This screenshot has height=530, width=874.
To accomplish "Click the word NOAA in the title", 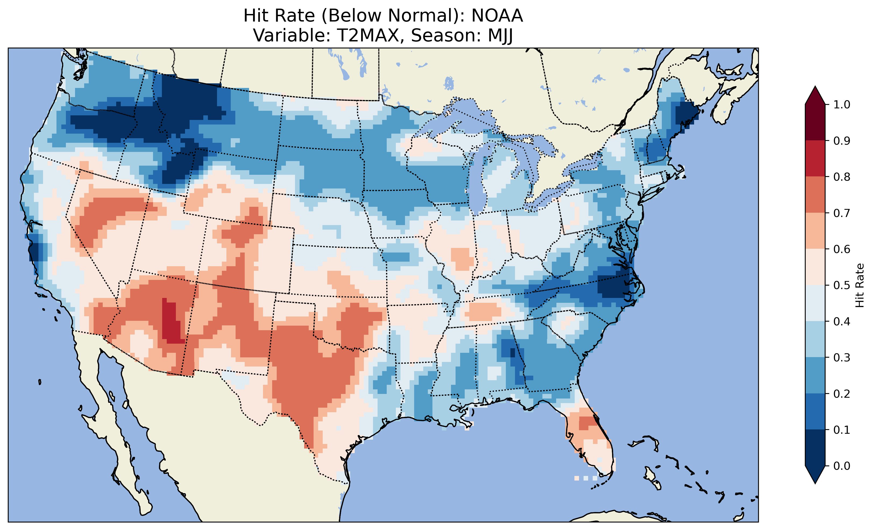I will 497,16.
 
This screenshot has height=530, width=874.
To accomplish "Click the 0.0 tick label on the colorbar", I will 842,466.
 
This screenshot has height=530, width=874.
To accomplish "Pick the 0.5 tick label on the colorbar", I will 842,285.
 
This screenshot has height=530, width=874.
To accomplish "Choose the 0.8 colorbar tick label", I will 842,177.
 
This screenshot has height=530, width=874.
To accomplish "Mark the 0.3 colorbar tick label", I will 842,358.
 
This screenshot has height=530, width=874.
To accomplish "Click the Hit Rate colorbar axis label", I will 859,285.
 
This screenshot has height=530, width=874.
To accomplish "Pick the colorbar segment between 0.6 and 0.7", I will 815,231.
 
